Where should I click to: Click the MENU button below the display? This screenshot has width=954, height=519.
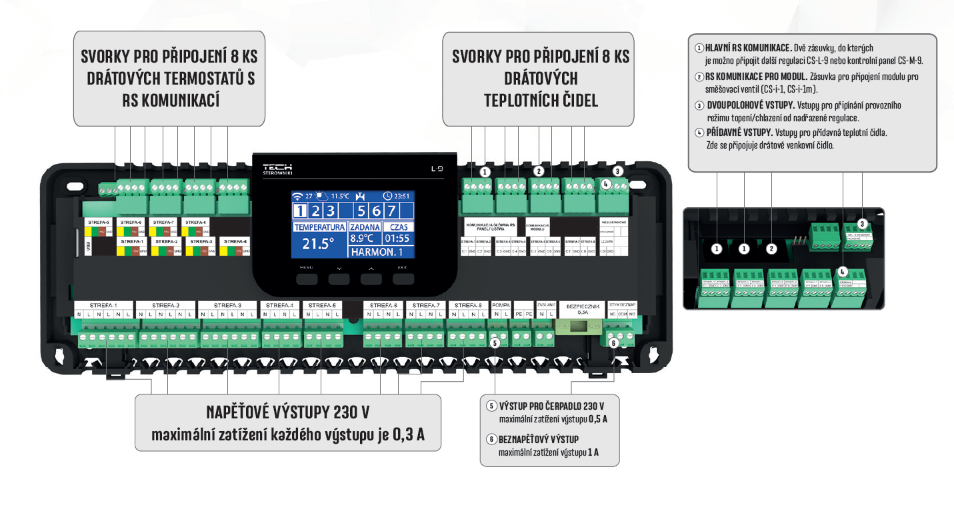click(x=307, y=278)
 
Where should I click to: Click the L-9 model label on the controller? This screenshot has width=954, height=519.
click(x=437, y=169)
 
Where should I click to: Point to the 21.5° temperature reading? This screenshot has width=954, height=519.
click(x=318, y=244)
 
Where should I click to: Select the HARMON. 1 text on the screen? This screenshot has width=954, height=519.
click(x=377, y=252)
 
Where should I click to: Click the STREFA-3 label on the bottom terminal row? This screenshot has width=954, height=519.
click(x=229, y=305)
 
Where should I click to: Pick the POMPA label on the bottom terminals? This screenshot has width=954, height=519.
click(x=500, y=305)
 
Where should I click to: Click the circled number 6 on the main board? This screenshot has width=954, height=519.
click(x=614, y=342)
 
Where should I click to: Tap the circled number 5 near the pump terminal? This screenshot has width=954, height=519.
click(x=495, y=343)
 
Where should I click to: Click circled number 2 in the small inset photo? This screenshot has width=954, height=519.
click(x=771, y=249)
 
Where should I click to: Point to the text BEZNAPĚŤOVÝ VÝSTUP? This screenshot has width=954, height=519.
click(x=539, y=439)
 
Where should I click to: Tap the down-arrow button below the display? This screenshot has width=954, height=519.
click(x=339, y=278)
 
